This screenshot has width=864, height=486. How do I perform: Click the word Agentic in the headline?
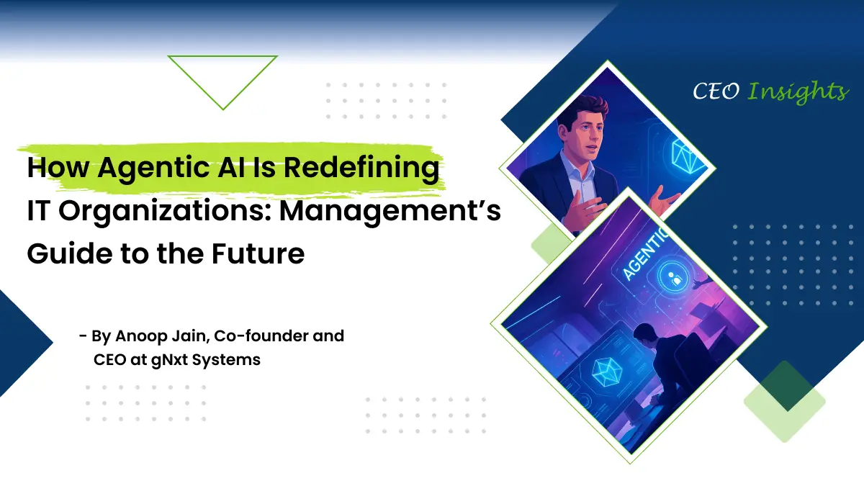(154, 168)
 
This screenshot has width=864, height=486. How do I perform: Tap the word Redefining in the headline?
(361, 168)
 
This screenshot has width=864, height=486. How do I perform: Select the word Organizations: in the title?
(165, 212)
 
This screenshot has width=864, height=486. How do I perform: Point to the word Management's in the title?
(390, 212)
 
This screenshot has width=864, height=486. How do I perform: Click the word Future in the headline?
(258, 253)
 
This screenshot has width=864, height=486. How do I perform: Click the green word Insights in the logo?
(798, 92)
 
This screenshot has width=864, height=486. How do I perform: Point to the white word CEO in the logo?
(716, 92)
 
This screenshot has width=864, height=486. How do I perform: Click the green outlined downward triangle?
(222, 57)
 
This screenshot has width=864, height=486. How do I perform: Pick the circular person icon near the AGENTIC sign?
(673, 276)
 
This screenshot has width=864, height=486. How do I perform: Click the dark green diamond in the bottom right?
(784, 386)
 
